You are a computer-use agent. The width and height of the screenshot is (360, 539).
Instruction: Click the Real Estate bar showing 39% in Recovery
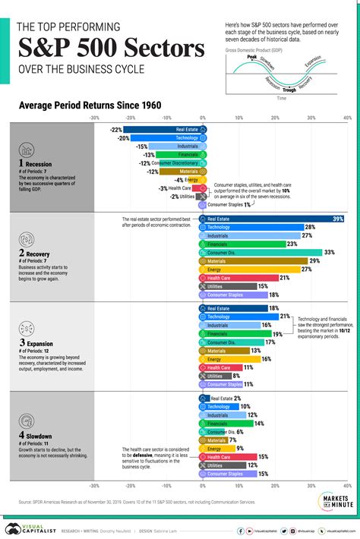[273, 219]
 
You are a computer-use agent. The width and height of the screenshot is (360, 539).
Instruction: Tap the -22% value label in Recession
[115, 130]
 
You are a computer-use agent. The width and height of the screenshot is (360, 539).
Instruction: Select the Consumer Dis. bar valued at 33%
[262, 252]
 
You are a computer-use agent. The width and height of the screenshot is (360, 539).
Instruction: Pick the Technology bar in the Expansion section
[239, 316]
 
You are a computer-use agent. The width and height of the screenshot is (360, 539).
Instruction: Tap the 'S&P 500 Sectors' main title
[110, 51]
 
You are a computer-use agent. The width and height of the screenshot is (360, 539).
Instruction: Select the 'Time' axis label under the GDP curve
[282, 99]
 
